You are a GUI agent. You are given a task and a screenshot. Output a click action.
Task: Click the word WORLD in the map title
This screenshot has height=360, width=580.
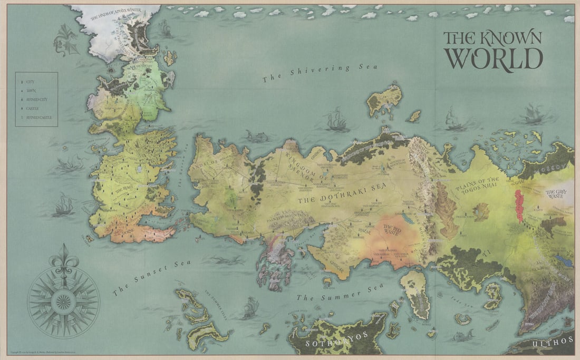pos(494,58)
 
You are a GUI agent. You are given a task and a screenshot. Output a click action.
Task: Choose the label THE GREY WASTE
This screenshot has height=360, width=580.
pos(557,194)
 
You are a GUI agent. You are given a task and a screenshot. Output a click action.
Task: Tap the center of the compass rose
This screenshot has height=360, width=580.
pos(64,301)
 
